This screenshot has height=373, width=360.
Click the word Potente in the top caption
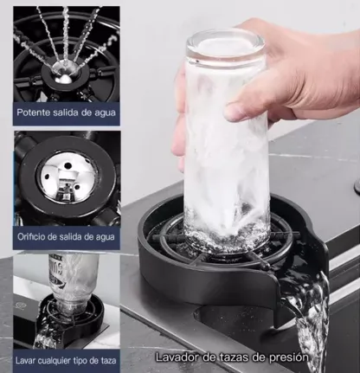click(x=33, y=113)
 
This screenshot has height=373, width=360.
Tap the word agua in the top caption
click(x=105, y=113)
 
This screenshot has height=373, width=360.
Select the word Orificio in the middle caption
click(x=30, y=236)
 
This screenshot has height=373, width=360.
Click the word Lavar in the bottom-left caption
click(x=24, y=360)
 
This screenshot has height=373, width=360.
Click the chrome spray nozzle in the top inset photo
click(x=64, y=74)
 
